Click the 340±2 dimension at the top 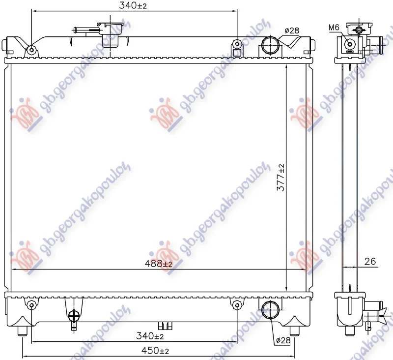pos(133,5)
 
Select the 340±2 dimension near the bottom pos(150,336)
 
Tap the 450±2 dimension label pos(155,351)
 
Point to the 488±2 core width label pos(159,264)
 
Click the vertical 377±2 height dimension pos(281,178)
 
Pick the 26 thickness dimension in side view pos(370,262)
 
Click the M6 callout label pos(334,28)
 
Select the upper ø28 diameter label pos(292,30)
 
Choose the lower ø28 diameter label pos(283,340)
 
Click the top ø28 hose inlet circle pos(270,45)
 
